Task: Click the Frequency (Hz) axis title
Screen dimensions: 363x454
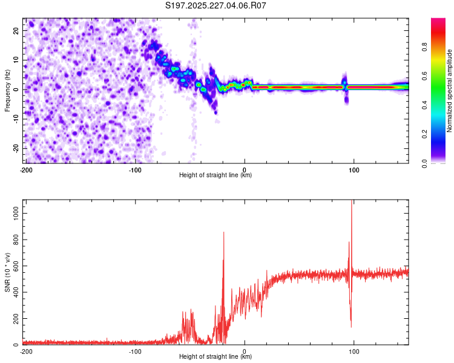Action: pos(7,90)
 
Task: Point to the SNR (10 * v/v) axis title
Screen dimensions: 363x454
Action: pos(7,273)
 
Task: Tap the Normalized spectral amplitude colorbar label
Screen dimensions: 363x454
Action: pos(449,91)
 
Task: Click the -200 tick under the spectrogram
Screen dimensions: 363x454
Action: pos(25,169)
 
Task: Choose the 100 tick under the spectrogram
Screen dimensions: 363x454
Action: pos(354,169)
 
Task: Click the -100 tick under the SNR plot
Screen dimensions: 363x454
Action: pos(135,351)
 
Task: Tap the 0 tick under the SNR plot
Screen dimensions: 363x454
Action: pos(245,351)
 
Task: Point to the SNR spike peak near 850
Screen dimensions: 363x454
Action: pos(224,233)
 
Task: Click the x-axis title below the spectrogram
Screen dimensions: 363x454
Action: pos(215,175)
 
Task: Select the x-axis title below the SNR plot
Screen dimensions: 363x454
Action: pos(215,357)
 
